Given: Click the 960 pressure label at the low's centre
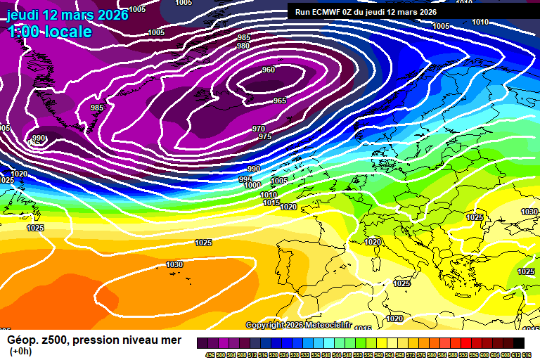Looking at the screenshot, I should pyautogui.click(x=269, y=70).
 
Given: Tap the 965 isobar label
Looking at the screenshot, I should pyautogui.click(x=280, y=101).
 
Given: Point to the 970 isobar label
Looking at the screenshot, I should pyautogui.click(x=259, y=129).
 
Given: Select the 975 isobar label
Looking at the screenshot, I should pyautogui.click(x=265, y=136).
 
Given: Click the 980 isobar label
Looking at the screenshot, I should pyautogui.click(x=243, y=46).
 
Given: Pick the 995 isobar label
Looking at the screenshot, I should pyautogui.click(x=245, y=179).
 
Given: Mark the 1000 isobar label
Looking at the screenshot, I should pyautogui.click(x=252, y=186).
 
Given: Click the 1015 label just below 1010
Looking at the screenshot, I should pyautogui.click(x=272, y=202).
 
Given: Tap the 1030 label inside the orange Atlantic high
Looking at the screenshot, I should pyautogui.click(x=174, y=264).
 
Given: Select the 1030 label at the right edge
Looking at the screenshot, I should pyautogui.click(x=529, y=212).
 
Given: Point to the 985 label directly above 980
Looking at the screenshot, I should pyautogui.click(x=243, y=37).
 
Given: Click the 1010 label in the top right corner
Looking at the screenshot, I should pyautogui.click(x=480, y=22).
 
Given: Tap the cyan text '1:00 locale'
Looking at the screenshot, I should pyautogui.click(x=50, y=32).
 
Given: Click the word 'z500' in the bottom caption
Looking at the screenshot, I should pyautogui.click(x=53, y=340).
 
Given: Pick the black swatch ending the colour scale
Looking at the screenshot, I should pyautogui.click(x=518, y=343).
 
